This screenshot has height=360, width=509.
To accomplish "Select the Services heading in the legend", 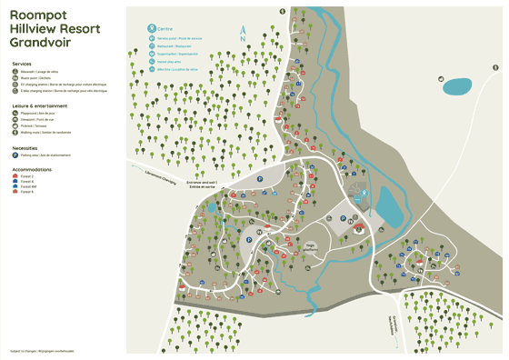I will tap(23, 64).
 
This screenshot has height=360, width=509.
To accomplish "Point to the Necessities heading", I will tap(25, 147).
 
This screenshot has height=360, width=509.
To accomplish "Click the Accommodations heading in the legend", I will tap(33, 169).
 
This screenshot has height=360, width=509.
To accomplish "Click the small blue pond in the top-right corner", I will tap(457, 86).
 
